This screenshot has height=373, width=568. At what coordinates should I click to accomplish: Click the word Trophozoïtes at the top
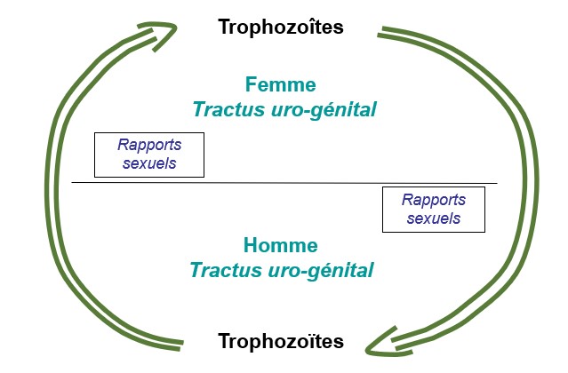pyautogui.click(x=281, y=28)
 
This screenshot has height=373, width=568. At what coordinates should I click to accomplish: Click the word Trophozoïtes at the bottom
pyautogui.click(x=281, y=341)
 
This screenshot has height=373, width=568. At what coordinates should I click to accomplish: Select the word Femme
pyautogui.click(x=281, y=84)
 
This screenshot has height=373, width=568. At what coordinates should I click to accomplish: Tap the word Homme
pyautogui.click(x=281, y=245)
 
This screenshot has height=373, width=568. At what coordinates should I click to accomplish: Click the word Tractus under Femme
pyautogui.click(x=229, y=109)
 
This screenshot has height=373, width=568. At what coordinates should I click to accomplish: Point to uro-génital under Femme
pyautogui.click(x=324, y=110)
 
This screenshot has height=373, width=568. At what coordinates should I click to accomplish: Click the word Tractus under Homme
pyautogui.click(x=226, y=270)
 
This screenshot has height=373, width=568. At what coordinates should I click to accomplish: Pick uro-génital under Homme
pyautogui.click(x=321, y=271)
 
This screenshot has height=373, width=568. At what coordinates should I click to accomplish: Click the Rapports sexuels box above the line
pyautogui.click(x=149, y=155)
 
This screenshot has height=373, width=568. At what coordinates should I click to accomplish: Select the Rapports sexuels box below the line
pyautogui.click(x=434, y=210)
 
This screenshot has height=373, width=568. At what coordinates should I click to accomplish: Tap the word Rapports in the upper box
pyautogui.click(x=149, y=145)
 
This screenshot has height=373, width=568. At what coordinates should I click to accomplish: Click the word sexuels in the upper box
pyautogui.click(x=149, y=163)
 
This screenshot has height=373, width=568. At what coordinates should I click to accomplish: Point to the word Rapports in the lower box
pyautogui.click(x=434, y=200)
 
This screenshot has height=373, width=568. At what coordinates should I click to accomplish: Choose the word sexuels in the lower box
pyautogui.click(x=434, y=218)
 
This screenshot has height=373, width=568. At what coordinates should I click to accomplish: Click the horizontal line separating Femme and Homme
pyautogui.click(x=284, y=183)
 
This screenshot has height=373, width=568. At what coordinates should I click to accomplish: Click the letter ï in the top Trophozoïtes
pyautogui.click(x=308, y=28)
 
